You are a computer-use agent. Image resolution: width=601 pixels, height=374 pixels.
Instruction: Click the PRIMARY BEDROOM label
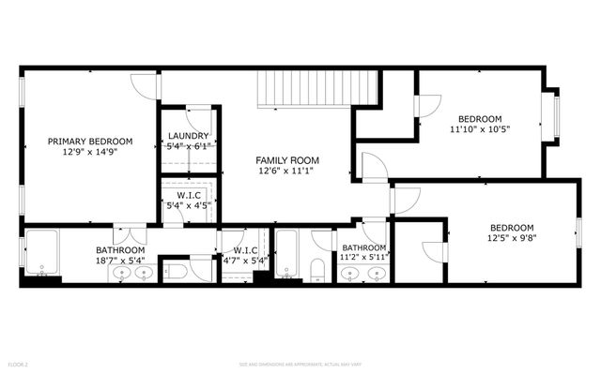pyautogui.click(x=90, y=142)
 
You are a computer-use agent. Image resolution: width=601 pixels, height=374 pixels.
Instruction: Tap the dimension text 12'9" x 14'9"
pyautogui.click(x=90, y=152)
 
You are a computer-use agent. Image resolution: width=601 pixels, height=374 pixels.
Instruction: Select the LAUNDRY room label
pyautogui.click(x=189, y=136)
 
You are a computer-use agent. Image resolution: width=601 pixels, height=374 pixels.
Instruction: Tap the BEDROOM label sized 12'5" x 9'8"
pyautogui.click(x=512, y=228)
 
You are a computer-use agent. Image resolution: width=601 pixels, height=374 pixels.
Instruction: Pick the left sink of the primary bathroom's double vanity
pyautogui.click(x=121, y=273)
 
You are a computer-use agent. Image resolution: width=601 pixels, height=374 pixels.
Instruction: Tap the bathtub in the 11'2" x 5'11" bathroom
pyautogui.click(x=288, y=255)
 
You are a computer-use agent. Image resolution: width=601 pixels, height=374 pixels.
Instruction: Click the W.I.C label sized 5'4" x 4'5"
pyautogui.click(x=189, y=196)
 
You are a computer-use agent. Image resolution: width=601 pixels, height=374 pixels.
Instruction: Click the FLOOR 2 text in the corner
pyautogui.click(x=19, y=363)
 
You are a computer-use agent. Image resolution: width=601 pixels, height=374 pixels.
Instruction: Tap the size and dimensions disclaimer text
pyautogui.click(x=300, y=363)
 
